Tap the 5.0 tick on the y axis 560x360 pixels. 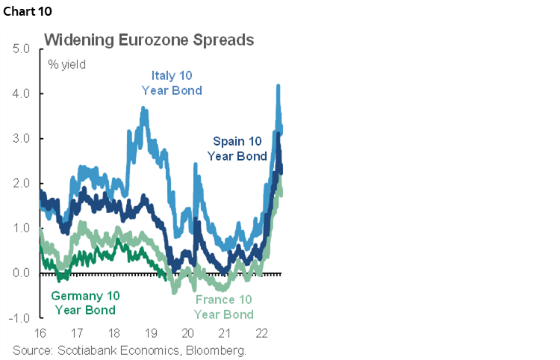[x=20, y=49]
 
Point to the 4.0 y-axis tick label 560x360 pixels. [x=20, y=94]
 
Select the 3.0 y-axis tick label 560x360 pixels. [x=20, y=139]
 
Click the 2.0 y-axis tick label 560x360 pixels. [x=20, y=184]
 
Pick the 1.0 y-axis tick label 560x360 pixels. [x=20, y=229]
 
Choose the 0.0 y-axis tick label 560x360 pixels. [x=20, y=273]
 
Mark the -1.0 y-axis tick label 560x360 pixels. [x=19, y=318]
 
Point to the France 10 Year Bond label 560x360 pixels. [x=223, y=307]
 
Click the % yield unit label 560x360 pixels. [x=67, y=64]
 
